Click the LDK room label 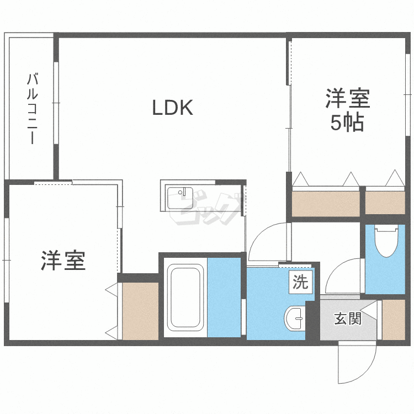tap(173, 108)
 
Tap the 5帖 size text tap(347, 123)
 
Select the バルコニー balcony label tap(32, 109)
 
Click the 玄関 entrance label tap(348, 319)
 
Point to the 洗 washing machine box tap(300, 282)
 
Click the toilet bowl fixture tap(386, 241)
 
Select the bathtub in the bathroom tap(185, 298)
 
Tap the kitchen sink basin tap(180, 198)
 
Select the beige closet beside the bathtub tap(140, 311)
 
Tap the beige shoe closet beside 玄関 tap(394, 320)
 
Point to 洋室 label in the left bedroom tap(63, 261)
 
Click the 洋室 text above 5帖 tap(347, 99)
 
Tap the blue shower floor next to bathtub tap(224, 298)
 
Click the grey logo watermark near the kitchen tap(206, 209)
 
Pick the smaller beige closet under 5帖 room tap(385, 203)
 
